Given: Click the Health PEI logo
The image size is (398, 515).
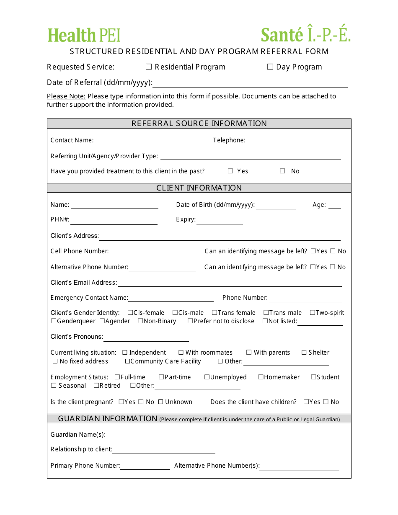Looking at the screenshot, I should point(84,35).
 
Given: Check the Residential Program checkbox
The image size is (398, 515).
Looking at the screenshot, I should point(149,67).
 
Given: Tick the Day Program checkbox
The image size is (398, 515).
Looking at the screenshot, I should point(270,67).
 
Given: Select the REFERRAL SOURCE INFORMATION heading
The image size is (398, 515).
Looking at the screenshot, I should point(199,124).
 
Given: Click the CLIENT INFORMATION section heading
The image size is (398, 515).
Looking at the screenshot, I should point(199,188).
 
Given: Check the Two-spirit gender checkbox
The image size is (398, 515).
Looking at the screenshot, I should point(313,313).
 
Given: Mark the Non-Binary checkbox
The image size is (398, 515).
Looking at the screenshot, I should point(140,321).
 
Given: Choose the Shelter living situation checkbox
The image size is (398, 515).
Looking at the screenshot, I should point(304,353).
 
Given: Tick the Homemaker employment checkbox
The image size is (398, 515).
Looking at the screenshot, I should point(261,377).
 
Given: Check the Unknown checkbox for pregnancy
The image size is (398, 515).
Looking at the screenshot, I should point(160,402).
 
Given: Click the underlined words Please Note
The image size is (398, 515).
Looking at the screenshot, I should point(66,96).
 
